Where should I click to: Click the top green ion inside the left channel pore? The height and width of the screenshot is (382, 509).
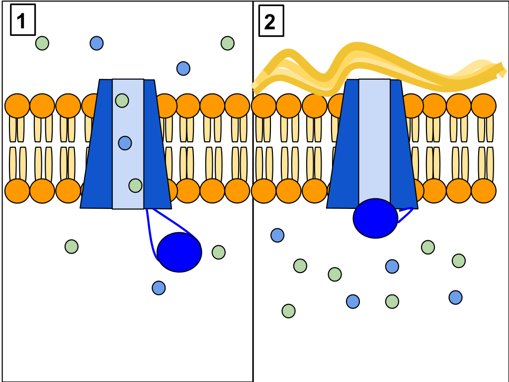(122, 100)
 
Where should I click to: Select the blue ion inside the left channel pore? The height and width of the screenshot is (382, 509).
(125, 143)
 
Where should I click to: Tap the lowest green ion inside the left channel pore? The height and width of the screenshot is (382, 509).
(135, 186)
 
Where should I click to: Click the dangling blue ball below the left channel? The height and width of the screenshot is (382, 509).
(179, 252)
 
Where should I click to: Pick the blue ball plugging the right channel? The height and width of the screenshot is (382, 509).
(375, 218)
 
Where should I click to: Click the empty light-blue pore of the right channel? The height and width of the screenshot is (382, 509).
(374, 139)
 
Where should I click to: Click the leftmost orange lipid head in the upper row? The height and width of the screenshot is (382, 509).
(17, 106)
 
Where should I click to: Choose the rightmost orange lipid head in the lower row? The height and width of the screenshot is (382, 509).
(483, 191)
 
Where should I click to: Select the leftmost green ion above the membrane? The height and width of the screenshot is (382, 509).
(42, 43)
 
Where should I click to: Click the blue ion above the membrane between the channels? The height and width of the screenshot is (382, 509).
(183, 69)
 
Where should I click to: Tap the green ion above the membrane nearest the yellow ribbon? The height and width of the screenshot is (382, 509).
(228, 43)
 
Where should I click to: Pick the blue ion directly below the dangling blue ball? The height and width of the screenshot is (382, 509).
(159, 288)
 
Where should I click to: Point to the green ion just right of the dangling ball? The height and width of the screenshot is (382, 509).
(219, 252)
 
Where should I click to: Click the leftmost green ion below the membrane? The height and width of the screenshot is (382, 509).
(72, 247)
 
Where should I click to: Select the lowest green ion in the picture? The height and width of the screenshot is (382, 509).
(288, 311)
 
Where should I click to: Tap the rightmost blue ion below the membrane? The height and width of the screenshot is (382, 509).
(455, 297)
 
